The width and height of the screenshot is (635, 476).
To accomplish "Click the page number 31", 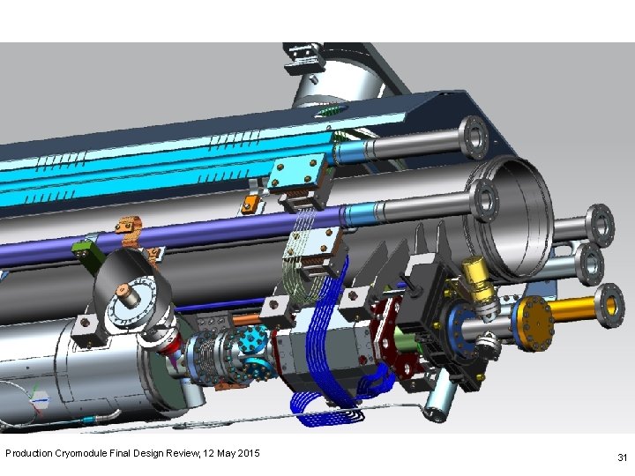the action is point(622,457).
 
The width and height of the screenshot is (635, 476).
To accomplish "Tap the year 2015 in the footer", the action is point(248,452).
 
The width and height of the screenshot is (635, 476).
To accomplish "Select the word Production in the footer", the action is point(29,452).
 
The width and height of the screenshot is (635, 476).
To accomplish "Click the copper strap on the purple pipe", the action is point(131,233).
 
